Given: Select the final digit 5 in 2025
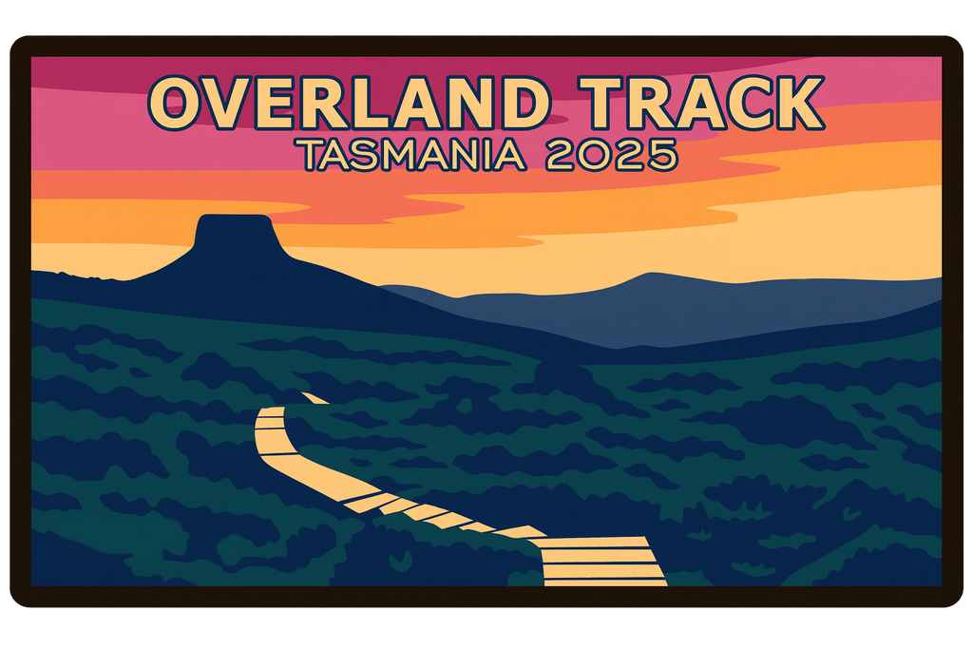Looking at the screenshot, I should tap(662, 153).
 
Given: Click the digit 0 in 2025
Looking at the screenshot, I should tap(596, 153).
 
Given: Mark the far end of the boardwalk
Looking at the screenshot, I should tap(314, 398).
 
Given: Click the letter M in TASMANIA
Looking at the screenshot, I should tap(400, 153).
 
